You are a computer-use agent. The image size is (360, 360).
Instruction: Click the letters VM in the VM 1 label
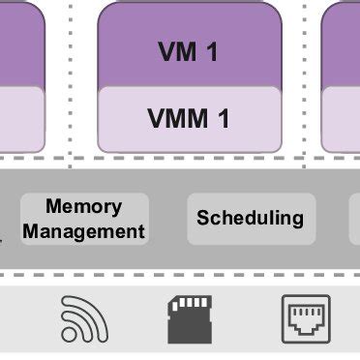pyautogui.click(x=176, y=52)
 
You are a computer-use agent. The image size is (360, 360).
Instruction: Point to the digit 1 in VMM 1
pyautogui.click(x=224, y=118)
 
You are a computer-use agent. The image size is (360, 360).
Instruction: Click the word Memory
pyautogui.click(x=84, y=206)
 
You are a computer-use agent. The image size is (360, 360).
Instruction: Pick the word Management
pyautogui.click(x=84, y=231)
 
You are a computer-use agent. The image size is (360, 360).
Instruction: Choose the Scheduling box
pyautogui.click(x=251, y=219)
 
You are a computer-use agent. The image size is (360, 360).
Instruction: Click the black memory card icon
pyautogui.click(x=190, y=318)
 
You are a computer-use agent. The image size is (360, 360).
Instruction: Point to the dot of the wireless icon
pyautogui.click(x=67, y=335)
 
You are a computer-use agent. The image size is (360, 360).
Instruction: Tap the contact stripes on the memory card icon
pyautogui.click(x=192, y=305)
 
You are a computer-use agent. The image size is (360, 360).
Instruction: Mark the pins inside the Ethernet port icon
pyautogui.click(x=306, y=312)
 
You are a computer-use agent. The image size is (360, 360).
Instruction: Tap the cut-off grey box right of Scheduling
pyautogui.click(x=354, y=219)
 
